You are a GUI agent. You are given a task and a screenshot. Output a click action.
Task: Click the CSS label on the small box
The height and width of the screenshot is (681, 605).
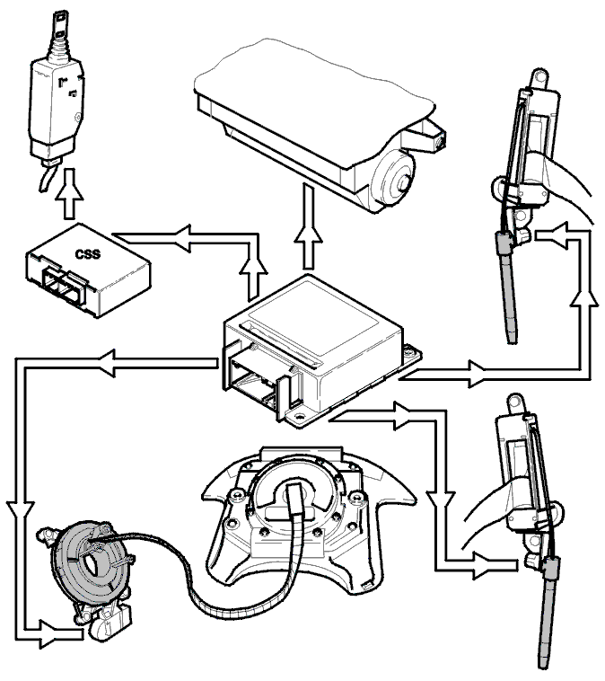(87, 253)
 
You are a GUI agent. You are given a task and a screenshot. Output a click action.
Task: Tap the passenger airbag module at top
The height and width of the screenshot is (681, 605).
(320, 126)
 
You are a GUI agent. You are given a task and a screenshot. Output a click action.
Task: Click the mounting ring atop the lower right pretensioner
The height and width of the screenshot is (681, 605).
(515, 403)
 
